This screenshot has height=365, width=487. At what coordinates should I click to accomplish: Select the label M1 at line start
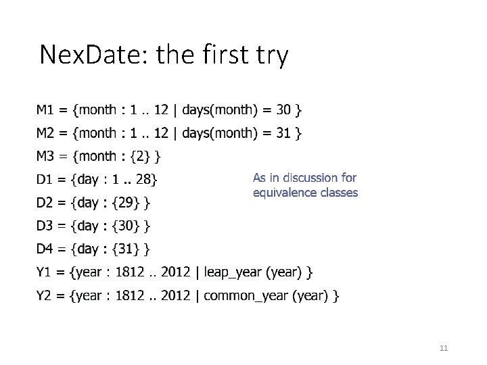coord(45,109)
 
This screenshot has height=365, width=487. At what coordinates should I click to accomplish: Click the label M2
coord(45,132)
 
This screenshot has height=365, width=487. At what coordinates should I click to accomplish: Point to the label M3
coord(45,156)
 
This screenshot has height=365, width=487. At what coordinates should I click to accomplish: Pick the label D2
coord(45,202)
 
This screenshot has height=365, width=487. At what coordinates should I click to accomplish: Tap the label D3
coord(45,225)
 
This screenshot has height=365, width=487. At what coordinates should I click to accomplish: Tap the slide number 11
coord(444,348)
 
